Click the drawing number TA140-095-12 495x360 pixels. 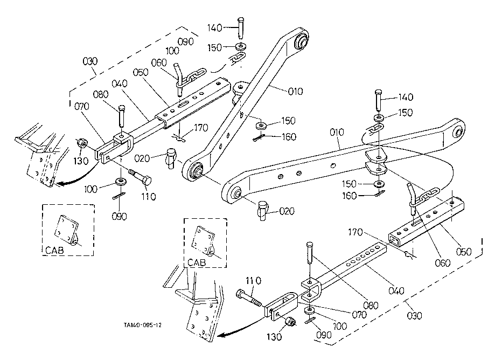(x=142, y=325)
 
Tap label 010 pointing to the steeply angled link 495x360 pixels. (x=296, y=91)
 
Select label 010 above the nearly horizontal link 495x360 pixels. (x=337, y=132)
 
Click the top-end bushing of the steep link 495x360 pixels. (x=302, y=41)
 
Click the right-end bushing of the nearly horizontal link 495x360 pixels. (x=458, y=131)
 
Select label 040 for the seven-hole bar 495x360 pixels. (x=396, y=290)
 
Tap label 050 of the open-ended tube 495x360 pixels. (x=464, y=252)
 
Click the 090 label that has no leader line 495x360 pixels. (x=186, y=41)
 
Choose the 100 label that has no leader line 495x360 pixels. (x=172, y=51)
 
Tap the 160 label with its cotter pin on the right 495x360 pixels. (x=350, y=196)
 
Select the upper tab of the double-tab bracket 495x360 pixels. (x=375, y=156)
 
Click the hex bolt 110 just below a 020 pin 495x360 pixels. (x=140, y=177)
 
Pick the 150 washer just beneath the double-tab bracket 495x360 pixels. (x=378, y=184)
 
